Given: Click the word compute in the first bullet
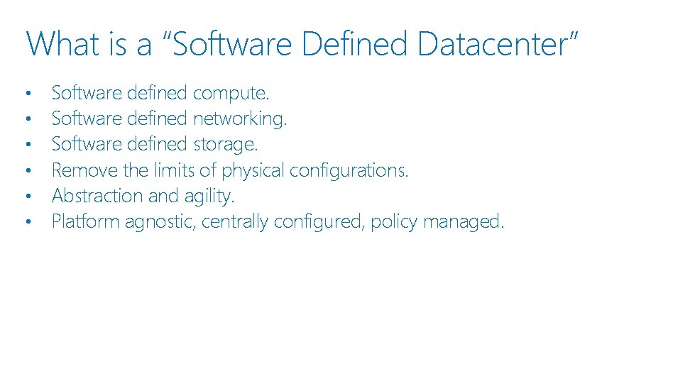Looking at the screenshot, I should pyautogui.click(x=230, y=93).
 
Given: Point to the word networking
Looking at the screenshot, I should pyautogui.click(x=239, y=119).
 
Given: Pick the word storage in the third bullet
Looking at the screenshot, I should pyautogui.click(x=225, y=144).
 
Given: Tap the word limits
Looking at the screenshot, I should pyautogui.click(x=175, y=170).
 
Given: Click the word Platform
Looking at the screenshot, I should pyautogui.click(x=86, y=221).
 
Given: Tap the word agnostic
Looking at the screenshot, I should pyautogui.click(x=161, y=222).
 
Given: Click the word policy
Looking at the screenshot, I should pyautogui.click(x=394, y=222).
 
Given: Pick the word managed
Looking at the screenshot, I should pyautogui.click(x=464, y=222).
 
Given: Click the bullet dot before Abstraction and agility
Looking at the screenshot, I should pyautogui.click(x=28, y=197).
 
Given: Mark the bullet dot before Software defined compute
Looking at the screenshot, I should pyautogui.click(x=28, y=94).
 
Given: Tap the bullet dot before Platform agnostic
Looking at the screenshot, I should pyautogui.click(x=28, y=222).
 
